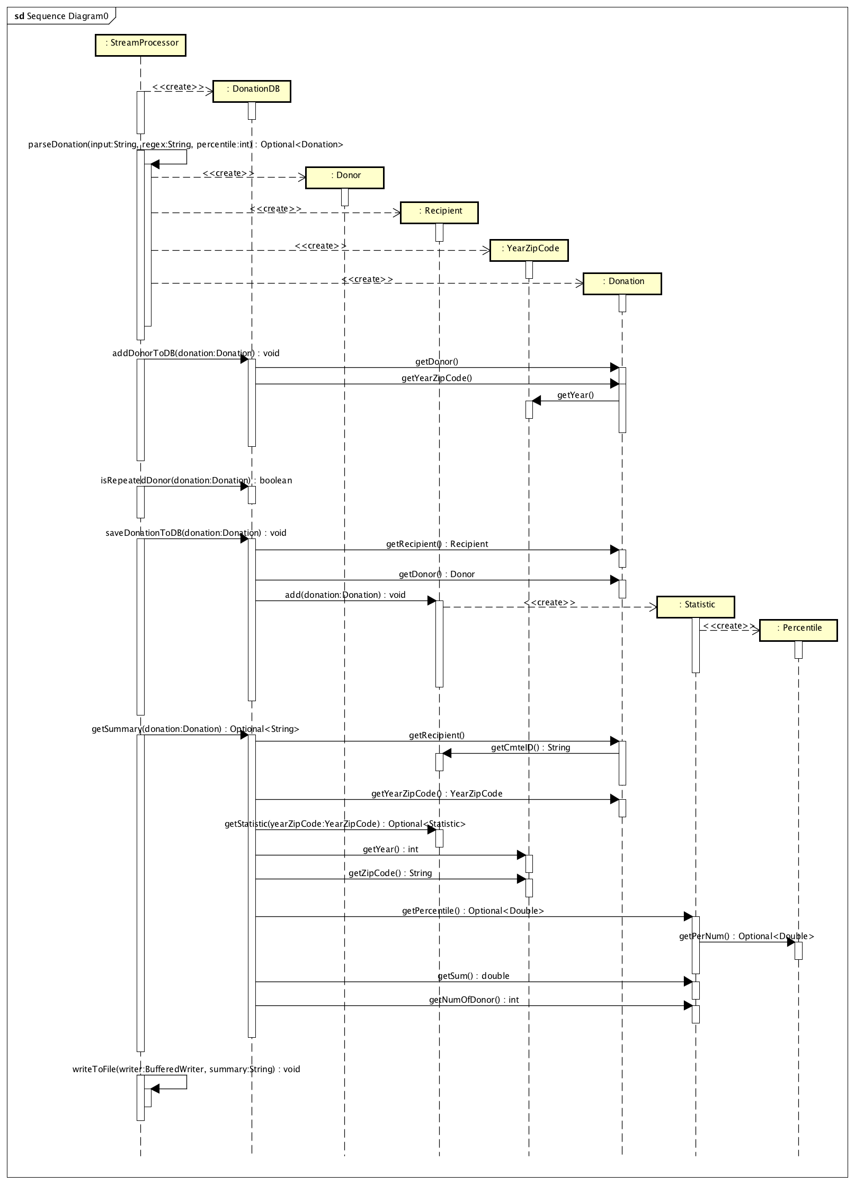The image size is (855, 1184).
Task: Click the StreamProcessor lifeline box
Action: [x=140, y=45]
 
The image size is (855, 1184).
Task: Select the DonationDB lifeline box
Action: [x=252, y=91]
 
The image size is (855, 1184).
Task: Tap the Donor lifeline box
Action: [x=344, y=178]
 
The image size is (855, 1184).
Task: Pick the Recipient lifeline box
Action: [x=439, y=213]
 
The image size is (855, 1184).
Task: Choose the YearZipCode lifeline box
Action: [x=529, y=250]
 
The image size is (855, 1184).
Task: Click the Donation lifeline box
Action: [x=622, y=283]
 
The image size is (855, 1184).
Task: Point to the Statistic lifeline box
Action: [x=696, y=607]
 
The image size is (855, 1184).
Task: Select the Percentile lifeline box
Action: [x=798, y=630]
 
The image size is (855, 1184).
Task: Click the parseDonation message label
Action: [x=185, y=145]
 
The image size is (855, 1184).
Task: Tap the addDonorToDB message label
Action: [x=195, y=354]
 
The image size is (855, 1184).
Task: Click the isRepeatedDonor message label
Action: [x=196, y=481]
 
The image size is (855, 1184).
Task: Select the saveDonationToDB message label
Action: [x=195, y=533]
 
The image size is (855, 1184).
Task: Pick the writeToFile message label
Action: [x=186, y=1070]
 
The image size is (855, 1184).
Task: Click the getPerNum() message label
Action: [x=746, y=936]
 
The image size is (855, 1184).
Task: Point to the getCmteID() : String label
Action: [x=530, y=748]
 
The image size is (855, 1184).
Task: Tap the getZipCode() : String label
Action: [x=390, y=873]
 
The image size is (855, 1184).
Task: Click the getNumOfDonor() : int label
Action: [x=474, y=1000]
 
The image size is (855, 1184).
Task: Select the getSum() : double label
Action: [x=473, y=976]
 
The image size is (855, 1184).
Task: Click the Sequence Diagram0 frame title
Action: [x=61, y=16]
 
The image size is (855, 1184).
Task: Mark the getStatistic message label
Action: [x=345, y=824]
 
